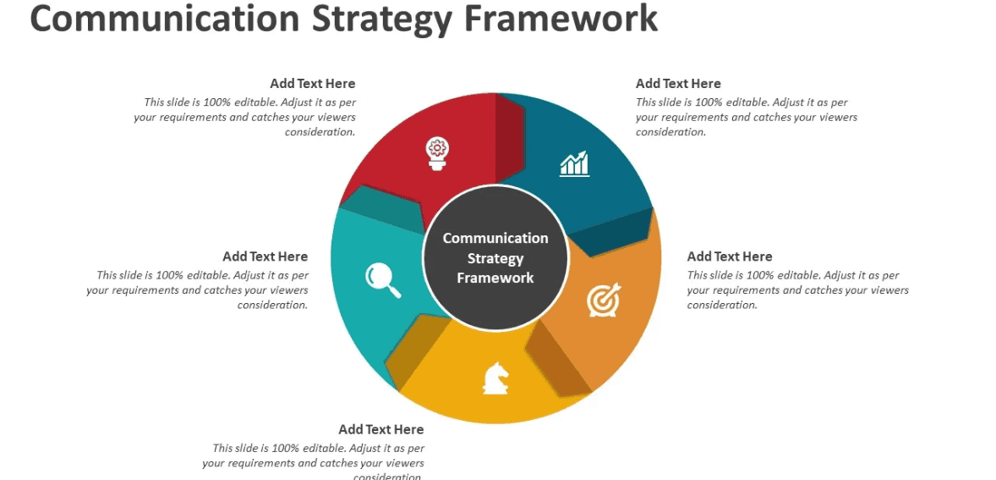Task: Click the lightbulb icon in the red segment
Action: (436, 153)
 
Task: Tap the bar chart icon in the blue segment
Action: (575, 163)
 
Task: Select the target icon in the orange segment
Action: (604, 300)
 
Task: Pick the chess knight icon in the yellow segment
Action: (495, 378)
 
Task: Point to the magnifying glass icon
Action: (382, 280)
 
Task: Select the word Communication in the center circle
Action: (495, 239)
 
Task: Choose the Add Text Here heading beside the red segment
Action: (313, 84)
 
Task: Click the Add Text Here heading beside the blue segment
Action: (678, 84)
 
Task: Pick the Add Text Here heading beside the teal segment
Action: (265, 257)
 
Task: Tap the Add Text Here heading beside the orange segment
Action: (730, 257)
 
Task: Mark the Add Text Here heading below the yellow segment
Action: (381, 429)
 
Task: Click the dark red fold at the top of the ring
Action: (509, 135)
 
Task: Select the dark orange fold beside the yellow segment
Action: (557, 359)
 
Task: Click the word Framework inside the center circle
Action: (495, 278)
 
